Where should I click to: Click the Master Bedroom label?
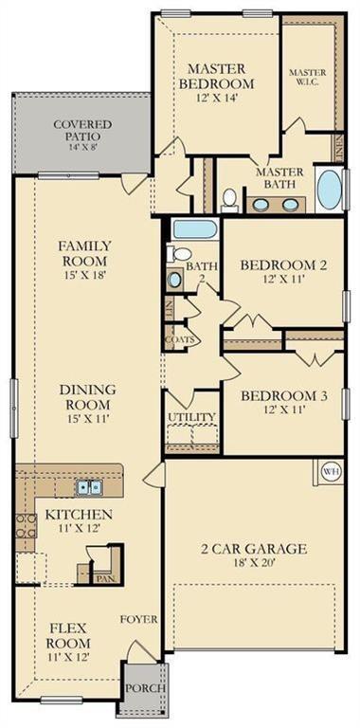[216, 75]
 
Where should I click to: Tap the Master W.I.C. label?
[307, 78]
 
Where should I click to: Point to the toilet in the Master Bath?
[228, 198]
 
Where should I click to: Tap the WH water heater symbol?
[331, 471]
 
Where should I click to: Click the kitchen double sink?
[90, 487]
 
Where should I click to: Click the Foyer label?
[138, 619]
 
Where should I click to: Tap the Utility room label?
[191, 417]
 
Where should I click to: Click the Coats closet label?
[179, 339]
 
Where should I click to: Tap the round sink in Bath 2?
[175, 280]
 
